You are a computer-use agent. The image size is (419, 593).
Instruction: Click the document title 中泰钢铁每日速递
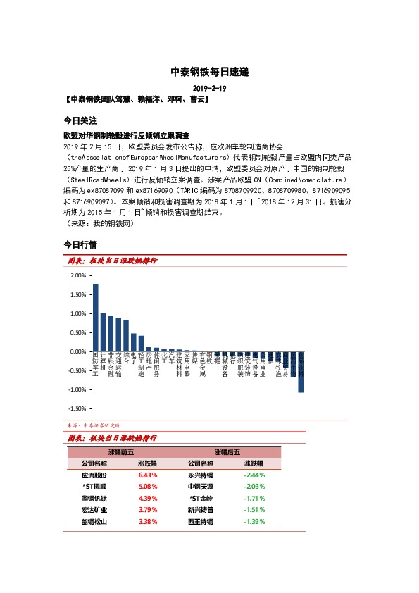tap(209, 72)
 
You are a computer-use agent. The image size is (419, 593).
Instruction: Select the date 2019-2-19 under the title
tap(209, 88)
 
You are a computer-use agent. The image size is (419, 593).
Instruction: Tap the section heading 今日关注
tap(80, 120)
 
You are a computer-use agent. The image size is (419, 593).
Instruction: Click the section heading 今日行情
tap(80, 244)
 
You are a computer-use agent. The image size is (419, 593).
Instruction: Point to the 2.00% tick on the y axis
tap(78, 275)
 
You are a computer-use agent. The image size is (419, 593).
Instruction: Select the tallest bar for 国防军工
tap(96, 317)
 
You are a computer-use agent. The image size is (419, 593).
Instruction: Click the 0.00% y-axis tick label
tap(78, 351)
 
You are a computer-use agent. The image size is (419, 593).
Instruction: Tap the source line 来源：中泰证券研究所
tap(94, 425)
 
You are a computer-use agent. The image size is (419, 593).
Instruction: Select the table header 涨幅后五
tap(227, 452)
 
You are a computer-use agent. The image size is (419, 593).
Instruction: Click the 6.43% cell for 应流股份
tap(147, 475)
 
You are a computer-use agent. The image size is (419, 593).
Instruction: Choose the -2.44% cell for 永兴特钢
tap(254, 475)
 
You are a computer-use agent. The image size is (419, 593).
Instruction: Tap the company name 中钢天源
tap(200, 487)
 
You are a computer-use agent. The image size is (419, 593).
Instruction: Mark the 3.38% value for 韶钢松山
tap(147, 522)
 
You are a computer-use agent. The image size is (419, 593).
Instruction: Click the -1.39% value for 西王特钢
tap(254, 522)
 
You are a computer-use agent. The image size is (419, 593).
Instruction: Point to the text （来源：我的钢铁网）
tap(98, 223)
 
